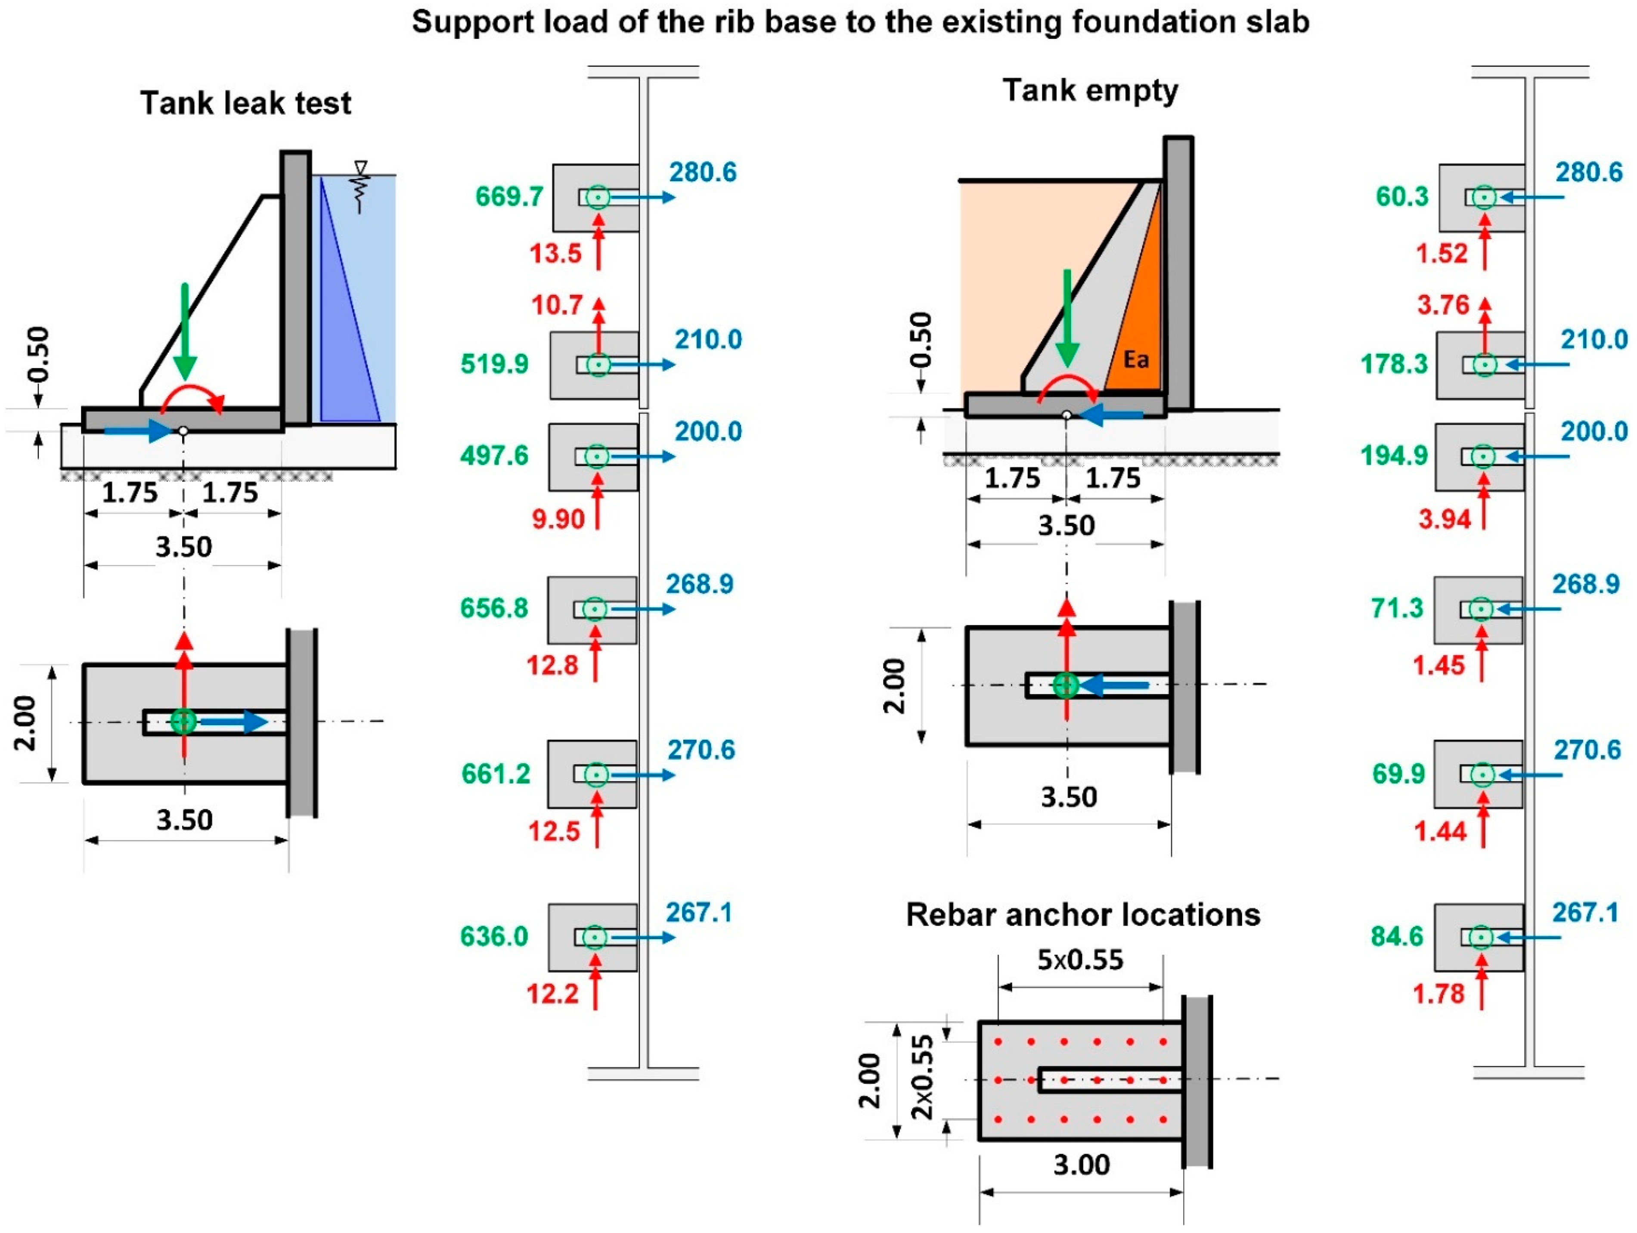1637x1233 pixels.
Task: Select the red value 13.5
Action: (556, 254)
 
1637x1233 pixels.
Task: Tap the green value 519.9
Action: (494, 364)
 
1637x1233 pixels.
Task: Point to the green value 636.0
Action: (494, 937)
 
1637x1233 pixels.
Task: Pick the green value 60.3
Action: (1401, 197)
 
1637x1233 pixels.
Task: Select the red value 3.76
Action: (1443, 305)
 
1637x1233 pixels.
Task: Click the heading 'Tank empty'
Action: (1090, 91)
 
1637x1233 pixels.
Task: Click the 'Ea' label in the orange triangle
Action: (1136, 359)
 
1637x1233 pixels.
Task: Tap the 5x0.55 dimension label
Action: (1080, 960)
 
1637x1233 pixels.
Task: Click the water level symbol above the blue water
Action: (360, 178)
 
